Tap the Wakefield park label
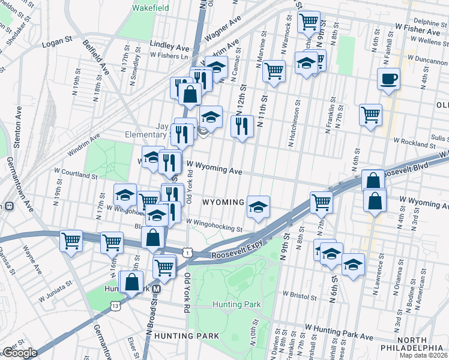(x=150, y=8)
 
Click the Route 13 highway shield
(x=114, y=307)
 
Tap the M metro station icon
(x=156, y=289)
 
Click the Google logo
(x=19, y=352)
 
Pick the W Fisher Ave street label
(x=417, y=30)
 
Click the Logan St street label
(x=57, y=44)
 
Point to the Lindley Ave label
(x=169, y=46)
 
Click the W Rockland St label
(x=413, y=143)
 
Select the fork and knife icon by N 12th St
(x=242, y=126)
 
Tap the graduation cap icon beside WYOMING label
(x=258, y=207)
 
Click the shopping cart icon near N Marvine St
(x=274, y=71)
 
